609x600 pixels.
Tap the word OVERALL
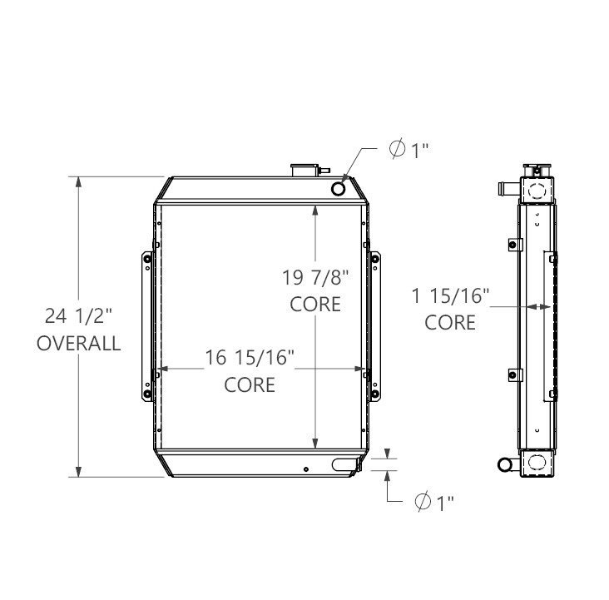(78, 344)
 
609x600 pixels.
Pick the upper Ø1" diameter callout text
(408, 149)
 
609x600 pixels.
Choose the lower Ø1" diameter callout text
(434, 502)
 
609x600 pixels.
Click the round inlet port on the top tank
(338, 189)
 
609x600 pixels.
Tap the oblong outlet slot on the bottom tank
(344, 464)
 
